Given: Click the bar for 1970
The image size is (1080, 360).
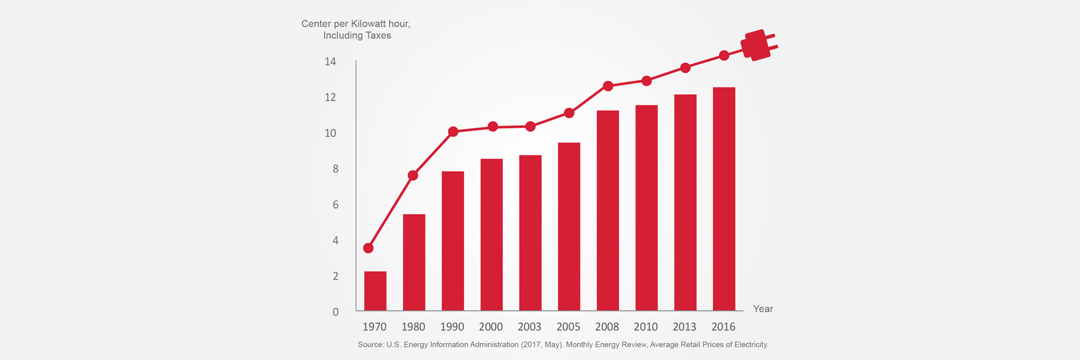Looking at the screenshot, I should (x=375, y=291).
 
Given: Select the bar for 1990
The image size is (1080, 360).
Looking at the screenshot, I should (x=452, y=241).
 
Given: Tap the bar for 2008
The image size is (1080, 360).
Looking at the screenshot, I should (x=607, y=211).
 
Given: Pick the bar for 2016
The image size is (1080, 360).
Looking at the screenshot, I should (x=724, y=199).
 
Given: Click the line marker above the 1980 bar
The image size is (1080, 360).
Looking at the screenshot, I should (x=413, y=175).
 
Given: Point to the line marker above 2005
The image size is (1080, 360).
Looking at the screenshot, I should (x=569, y=113).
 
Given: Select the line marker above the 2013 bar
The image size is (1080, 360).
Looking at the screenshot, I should (x=685, y=68).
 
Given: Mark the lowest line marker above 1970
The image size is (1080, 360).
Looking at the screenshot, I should (x=368, y=248).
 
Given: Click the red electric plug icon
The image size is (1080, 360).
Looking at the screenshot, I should (x=757, y=45).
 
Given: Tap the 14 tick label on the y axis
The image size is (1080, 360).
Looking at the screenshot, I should (x=330, y=62).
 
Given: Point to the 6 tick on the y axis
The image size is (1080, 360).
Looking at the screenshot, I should (x=335, y=205).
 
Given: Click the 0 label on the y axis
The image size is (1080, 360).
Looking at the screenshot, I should (x=335, y=312).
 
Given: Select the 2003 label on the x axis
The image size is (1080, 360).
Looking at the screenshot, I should (x=529, y=327).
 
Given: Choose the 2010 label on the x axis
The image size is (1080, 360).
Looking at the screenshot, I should (x=646, y=327).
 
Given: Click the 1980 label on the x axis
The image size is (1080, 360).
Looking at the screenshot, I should (x=413, y=327).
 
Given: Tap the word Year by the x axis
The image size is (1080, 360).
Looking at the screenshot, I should (x=763, y=308).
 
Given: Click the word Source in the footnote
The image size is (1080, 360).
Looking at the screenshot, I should (x=370, y=344).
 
